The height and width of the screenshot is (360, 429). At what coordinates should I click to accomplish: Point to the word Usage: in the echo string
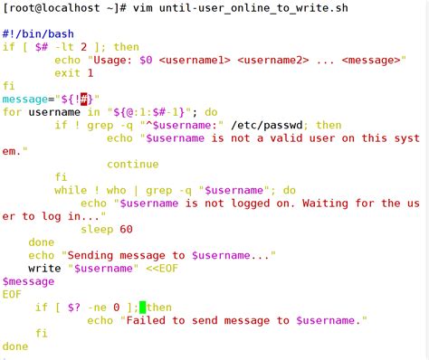click(116, 60)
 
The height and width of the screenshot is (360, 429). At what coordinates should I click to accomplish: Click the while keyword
click(72, 190)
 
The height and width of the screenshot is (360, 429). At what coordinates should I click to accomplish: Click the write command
click(44, 269)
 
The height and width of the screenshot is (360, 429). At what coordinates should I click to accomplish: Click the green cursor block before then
click(142, 308)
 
